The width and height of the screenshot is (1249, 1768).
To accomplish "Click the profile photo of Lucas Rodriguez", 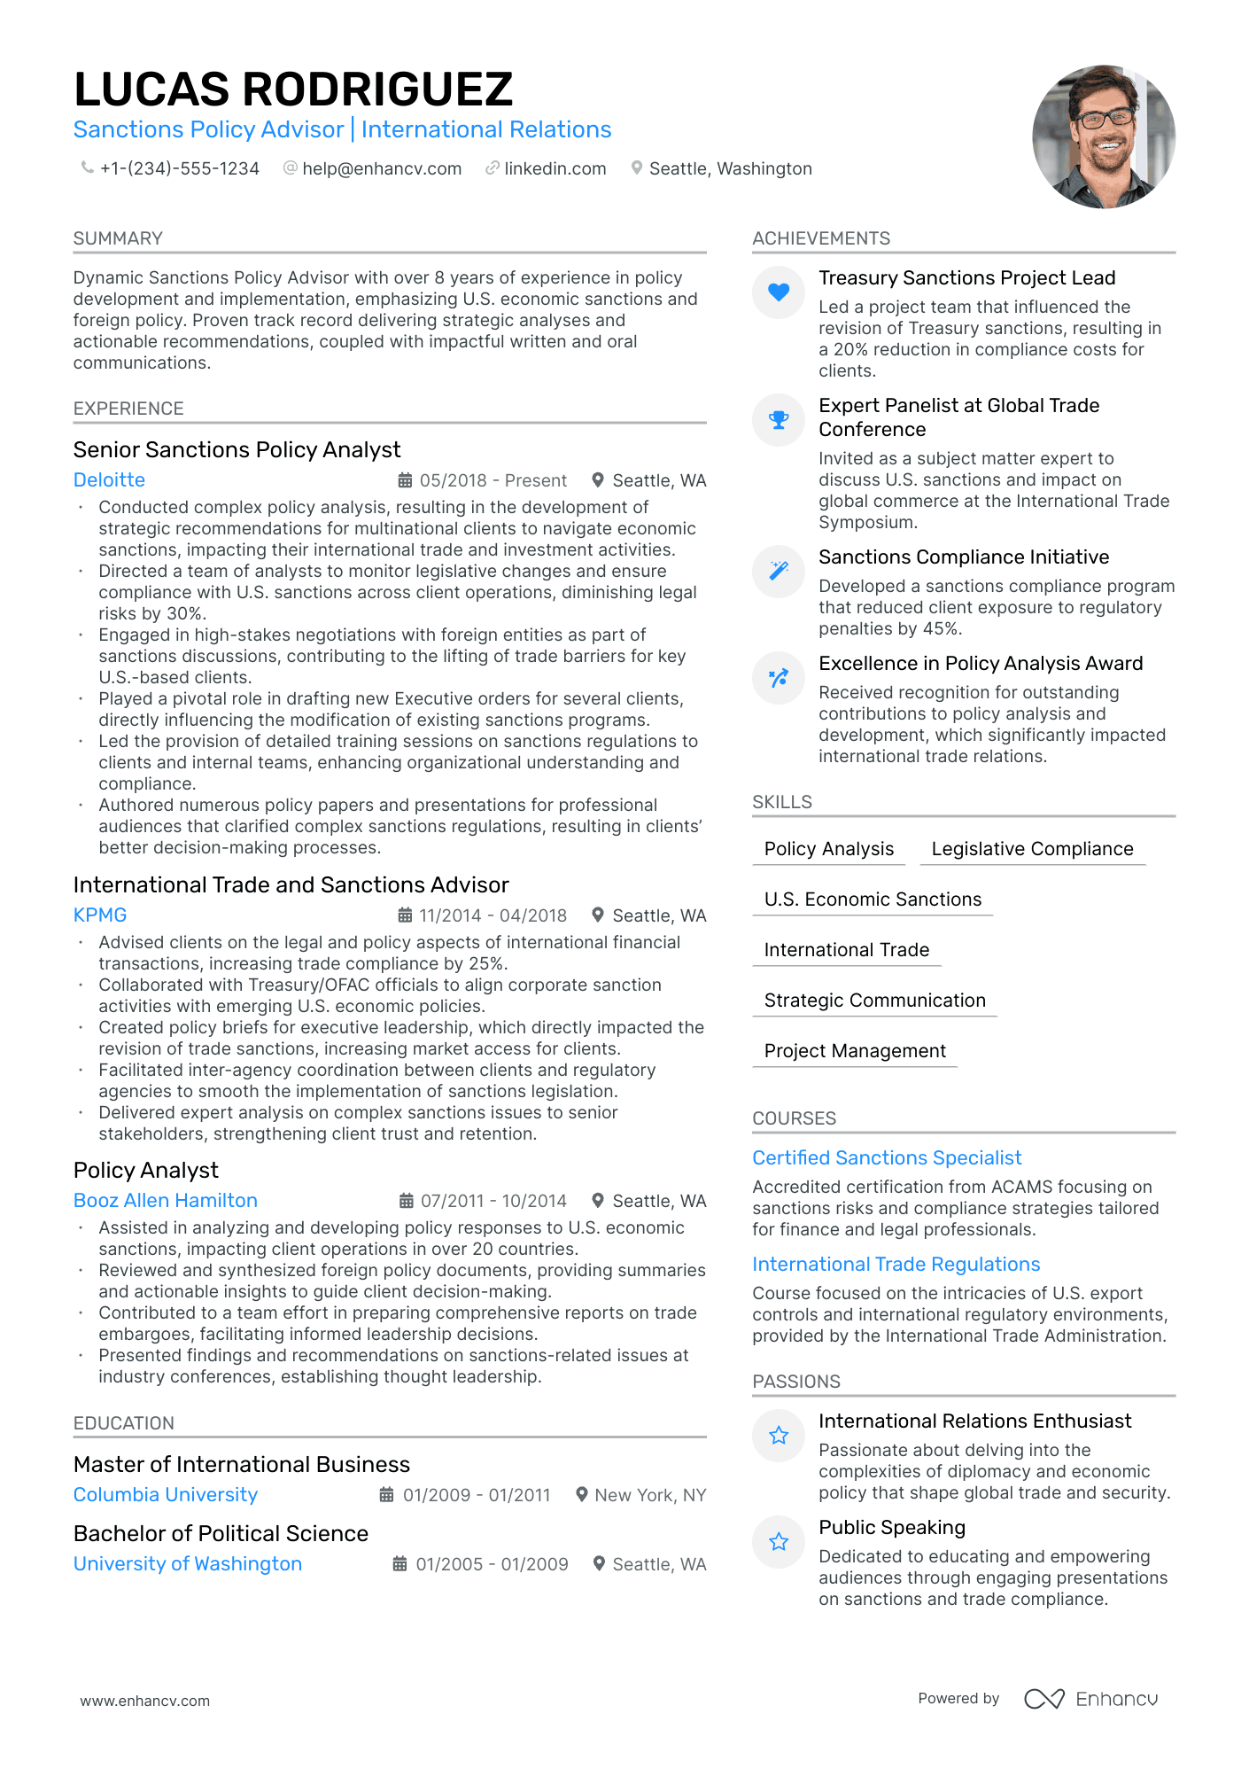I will click(1103, 136).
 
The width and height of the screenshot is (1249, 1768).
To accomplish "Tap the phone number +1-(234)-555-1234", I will click(179, 168).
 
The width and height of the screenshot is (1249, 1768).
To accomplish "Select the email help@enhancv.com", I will click(381, 168).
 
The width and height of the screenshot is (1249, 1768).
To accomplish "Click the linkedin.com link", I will click(555, 168).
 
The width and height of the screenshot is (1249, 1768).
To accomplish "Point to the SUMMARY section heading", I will click(118, 238).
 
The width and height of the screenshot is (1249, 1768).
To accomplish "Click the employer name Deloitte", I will click(109, 480).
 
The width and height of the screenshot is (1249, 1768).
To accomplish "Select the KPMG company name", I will click(100, 915).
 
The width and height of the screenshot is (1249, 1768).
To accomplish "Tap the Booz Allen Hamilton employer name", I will click(166, 1201).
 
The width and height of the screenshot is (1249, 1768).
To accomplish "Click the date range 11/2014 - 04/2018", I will click(493, 915).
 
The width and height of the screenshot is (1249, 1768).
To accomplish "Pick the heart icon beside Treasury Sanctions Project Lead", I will click(779, 292).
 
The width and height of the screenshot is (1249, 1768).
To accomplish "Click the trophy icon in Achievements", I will click(779, 420).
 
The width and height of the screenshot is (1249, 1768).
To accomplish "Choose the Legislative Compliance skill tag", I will click(1032, 849).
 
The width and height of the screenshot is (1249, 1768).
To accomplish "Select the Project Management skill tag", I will click(855, 1051).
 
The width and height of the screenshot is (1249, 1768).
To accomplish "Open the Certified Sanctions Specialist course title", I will click(887, 1158).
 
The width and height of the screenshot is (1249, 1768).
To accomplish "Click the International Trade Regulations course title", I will click(896, 1265).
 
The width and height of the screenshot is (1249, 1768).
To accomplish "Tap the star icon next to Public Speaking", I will click(779, 1542).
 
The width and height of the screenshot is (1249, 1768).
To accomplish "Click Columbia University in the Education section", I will click(166, 1495).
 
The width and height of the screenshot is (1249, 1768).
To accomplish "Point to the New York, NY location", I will click(649, 1495).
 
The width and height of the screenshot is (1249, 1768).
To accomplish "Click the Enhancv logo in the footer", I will click(1091, 1699).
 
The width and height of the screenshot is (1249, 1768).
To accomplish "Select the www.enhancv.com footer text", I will click(145, 1701).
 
